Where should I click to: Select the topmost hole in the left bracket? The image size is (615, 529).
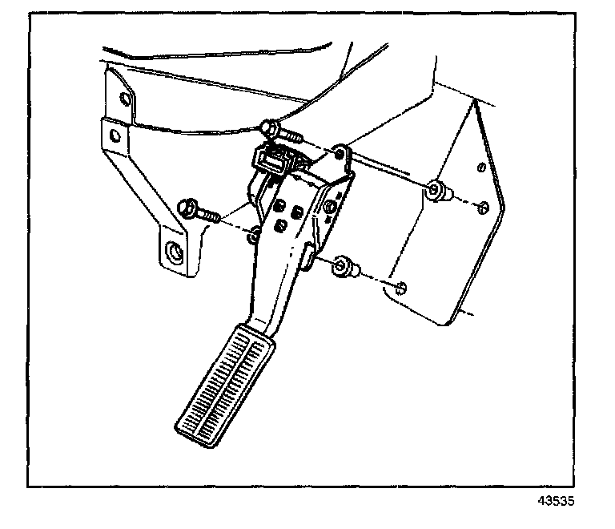125,100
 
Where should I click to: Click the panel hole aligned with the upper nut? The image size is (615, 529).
482,209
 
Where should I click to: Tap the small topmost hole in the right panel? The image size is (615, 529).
480,168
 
